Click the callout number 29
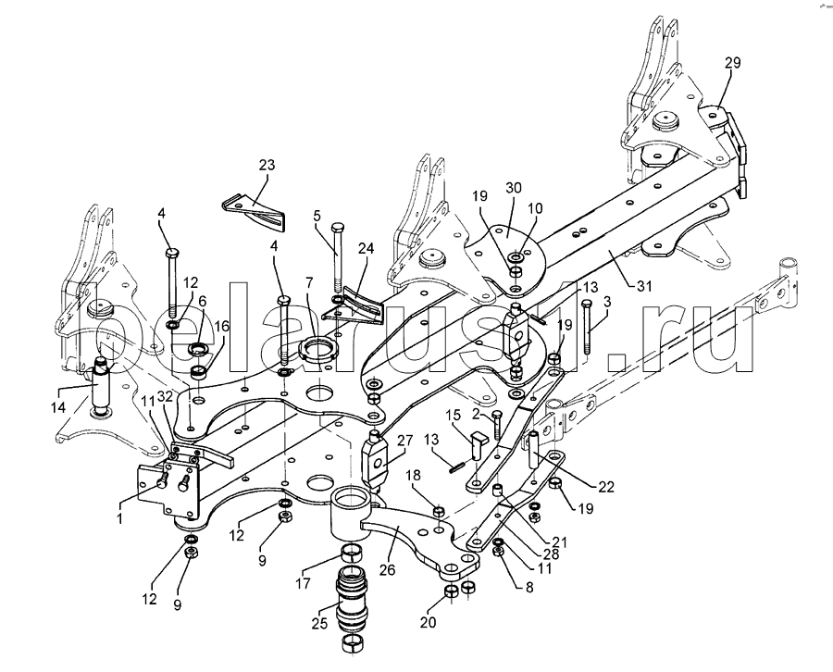pyautogui.click(x=732, y=63)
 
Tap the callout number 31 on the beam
pyautogui.click(x=644, y=286)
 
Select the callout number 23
pyautogui.click(x=267, y=165)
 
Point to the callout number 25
pyautogui.click(x=319, y=623)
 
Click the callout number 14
pyautogui.click(x=58, y=407)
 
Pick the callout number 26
pyautogui.click(x=387, y=570)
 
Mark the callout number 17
pyautogui.click(x=303, y=583)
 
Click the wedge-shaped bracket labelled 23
pyautogui.click(x=254, y=213)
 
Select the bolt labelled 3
pyautogui.click(x=587, y=327)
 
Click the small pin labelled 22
pyautogui.click(x=533, y=450)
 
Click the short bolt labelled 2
pyautogui.click(x=497, y=425)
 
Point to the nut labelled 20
pyautogui.click(x=451, y=591)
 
